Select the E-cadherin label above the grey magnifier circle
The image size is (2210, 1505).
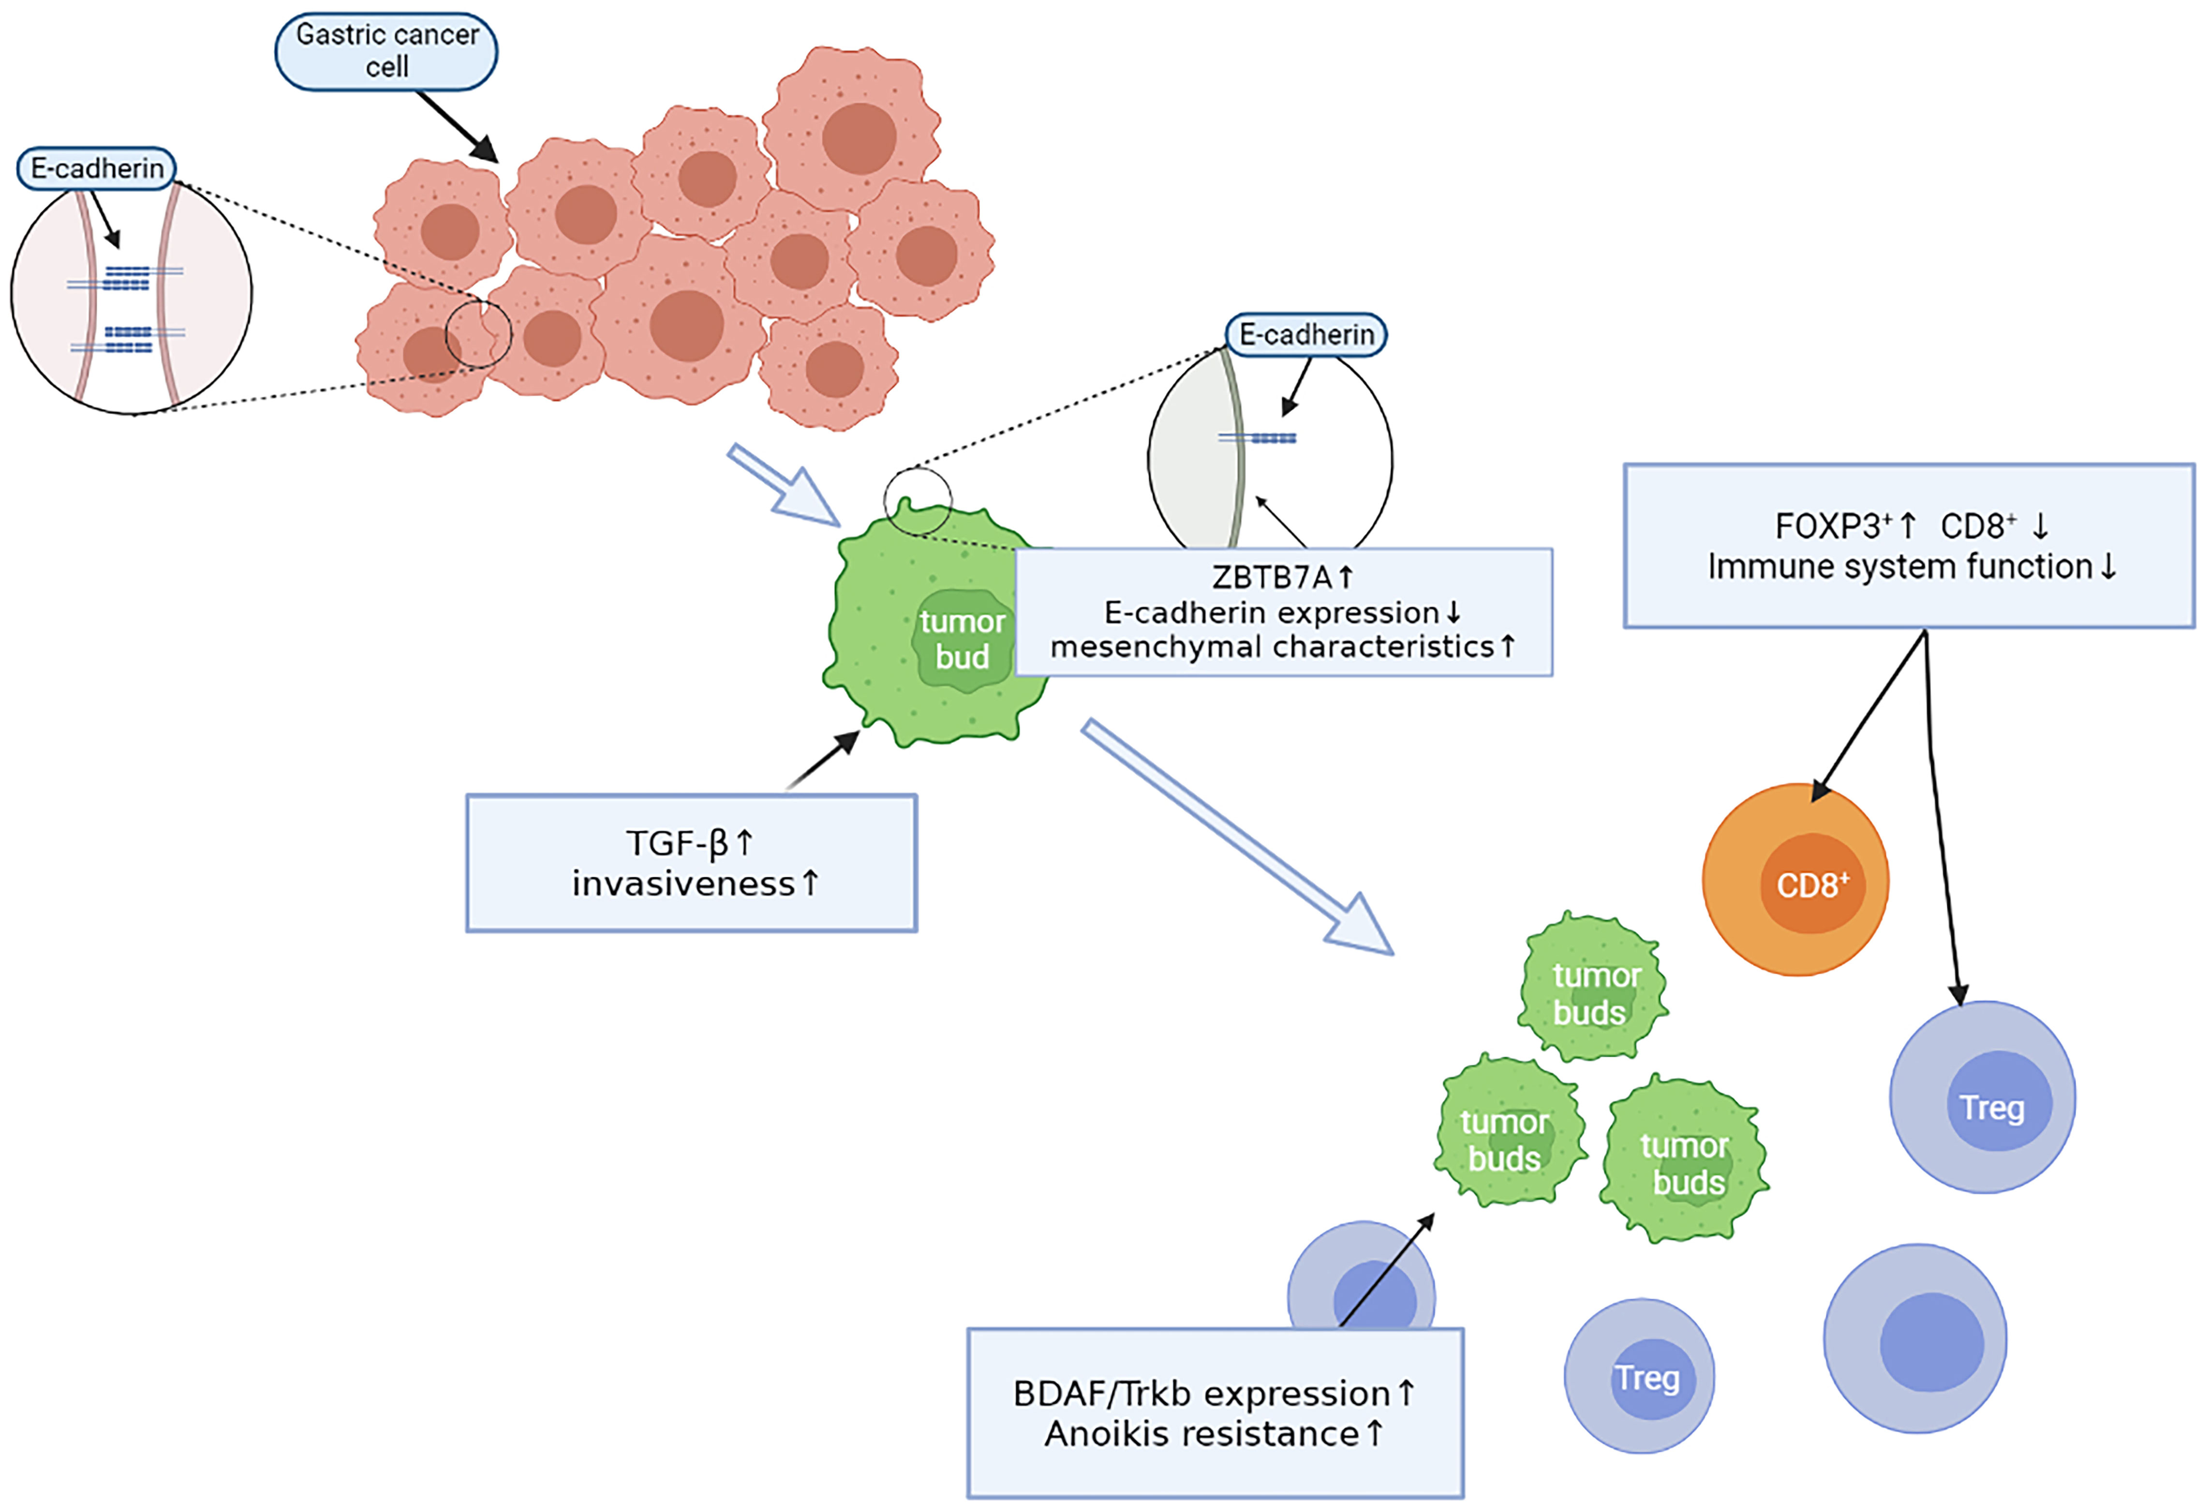coord(1305,335)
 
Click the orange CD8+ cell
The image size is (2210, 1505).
coord(1795,880)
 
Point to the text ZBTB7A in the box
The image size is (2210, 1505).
coord(1272,577)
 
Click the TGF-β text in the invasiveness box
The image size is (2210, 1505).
coord(676,843)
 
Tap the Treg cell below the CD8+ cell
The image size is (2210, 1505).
coord(1983,1097)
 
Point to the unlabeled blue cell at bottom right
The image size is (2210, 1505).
coord(1915,1339)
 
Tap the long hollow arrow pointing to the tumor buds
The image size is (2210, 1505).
coord(1237,837)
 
